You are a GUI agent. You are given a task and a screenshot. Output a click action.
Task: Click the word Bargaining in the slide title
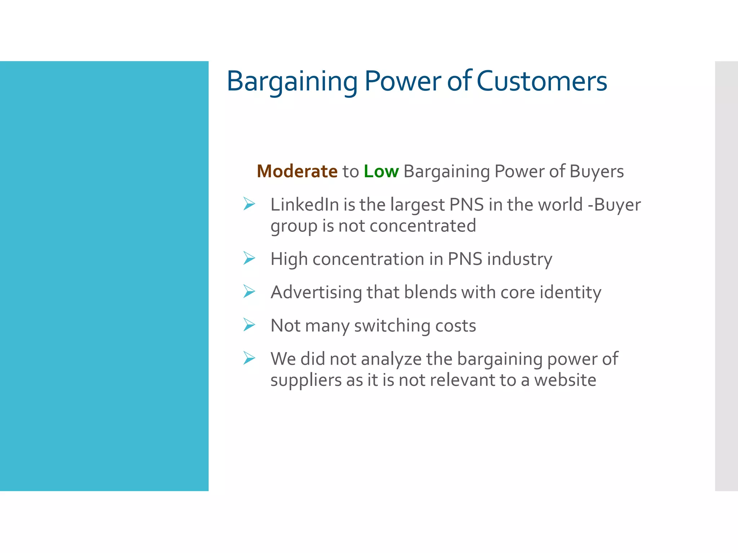tap(292, 81)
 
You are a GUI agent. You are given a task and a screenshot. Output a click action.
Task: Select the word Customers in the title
tap(542, 81)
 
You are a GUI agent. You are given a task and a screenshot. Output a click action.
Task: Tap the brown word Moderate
tap(297, 171)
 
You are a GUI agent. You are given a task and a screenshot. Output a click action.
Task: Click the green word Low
tap(381, 171)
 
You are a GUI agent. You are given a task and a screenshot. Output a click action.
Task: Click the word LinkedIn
tap(304, 204)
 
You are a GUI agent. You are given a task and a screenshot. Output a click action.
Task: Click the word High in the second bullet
tap(289, 259)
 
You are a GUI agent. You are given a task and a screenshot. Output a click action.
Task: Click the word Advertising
tap(316, 292)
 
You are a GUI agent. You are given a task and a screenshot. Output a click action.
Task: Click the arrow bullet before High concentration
tap(249, 258)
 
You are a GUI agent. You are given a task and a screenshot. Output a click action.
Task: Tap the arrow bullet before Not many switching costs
tap(249, 324)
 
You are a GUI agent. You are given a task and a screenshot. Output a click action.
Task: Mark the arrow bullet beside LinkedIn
tap(249, 204)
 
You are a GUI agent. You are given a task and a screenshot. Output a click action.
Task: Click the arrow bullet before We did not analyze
tap(249, 358)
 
